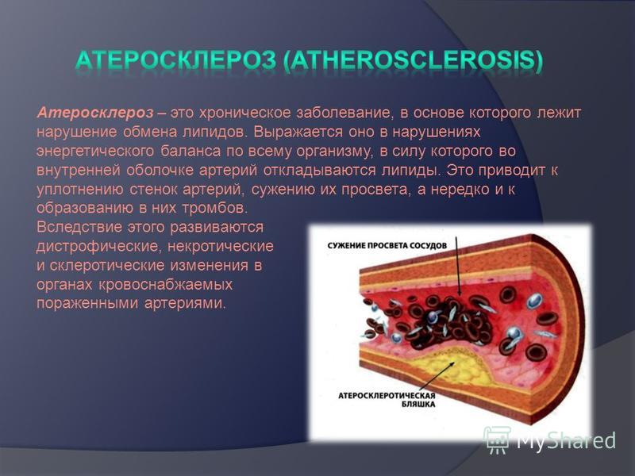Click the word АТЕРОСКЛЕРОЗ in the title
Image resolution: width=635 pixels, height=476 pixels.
pos(175,60)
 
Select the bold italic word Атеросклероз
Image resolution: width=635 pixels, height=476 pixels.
pos(95,113)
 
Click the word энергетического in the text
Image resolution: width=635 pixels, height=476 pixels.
pos(95,151)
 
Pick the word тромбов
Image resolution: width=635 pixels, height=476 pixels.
pos(214,208)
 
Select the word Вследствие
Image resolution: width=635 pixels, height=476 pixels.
pos(80,227)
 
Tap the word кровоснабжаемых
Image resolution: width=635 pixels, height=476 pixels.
pos(165,284)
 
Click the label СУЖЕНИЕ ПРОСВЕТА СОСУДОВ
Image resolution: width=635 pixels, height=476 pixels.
pos(387,246)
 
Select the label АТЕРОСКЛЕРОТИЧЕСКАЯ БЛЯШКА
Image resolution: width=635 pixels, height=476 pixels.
pos(387,400)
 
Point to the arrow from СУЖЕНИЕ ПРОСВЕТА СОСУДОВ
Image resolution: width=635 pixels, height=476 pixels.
pos(458,266)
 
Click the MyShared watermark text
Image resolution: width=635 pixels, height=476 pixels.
pos(566,440)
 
